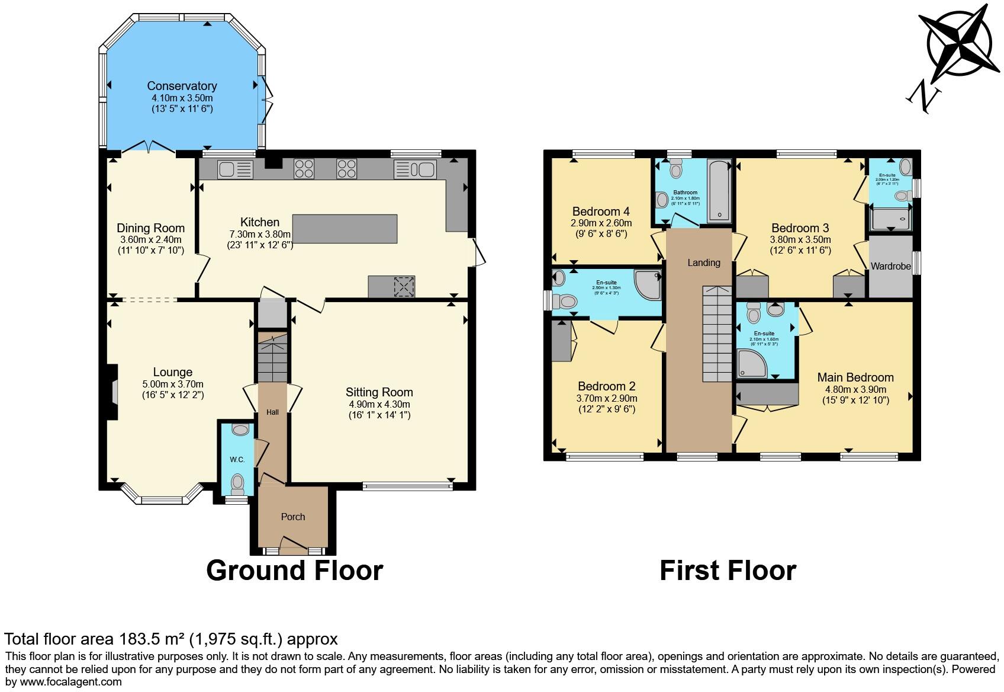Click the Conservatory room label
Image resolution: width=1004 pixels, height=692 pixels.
click(182, 86)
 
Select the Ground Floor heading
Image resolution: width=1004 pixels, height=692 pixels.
click(294, 571)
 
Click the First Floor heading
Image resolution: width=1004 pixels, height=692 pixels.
click(727, 571)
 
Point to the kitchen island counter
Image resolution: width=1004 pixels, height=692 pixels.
click(345, 229)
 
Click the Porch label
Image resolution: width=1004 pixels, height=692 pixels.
click(292, 517)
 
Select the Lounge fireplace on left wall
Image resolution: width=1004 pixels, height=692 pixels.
click(112, 392)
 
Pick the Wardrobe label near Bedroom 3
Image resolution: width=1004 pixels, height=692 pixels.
click(890, 266)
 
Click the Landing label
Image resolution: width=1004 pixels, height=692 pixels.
click(703, 262)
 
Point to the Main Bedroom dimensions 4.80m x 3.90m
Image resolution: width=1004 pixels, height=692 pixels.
click(855, 389)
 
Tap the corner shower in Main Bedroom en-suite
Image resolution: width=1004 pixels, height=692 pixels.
click(751, 364)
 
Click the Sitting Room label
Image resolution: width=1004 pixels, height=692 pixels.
click(379, 392)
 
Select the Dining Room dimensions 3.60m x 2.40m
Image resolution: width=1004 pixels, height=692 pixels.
click(150, 239)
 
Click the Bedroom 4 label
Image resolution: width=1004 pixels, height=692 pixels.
click(600, 212)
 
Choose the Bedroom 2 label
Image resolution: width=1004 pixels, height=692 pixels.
click(606, 386)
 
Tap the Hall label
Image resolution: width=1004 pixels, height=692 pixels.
click(272, 412)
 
